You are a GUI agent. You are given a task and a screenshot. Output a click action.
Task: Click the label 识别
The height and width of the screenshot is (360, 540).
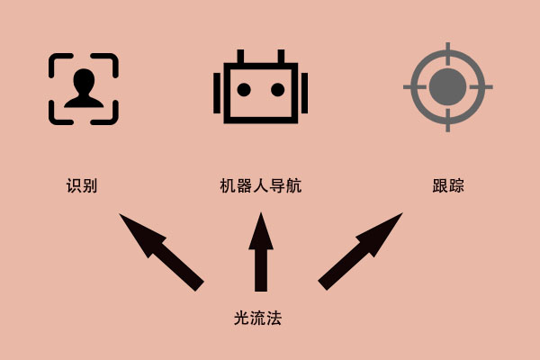[82, 185]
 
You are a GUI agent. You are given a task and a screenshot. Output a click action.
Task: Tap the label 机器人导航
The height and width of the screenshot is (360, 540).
[261, 185]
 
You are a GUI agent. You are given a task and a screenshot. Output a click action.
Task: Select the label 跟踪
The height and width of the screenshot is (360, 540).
[448, 185]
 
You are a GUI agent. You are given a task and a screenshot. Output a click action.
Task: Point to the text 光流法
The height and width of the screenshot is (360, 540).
[257, 318]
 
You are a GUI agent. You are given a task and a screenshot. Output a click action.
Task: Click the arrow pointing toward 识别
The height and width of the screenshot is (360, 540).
[161, 252]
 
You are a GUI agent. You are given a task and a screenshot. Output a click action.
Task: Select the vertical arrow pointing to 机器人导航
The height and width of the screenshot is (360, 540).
[261, 252]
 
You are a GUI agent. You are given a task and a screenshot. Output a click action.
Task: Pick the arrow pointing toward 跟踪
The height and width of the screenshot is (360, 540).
[360, 251]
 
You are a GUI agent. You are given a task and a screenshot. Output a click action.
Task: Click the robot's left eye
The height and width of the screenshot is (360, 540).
[244, 90]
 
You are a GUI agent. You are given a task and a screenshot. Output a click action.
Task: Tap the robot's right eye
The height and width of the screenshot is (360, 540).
[277, 90]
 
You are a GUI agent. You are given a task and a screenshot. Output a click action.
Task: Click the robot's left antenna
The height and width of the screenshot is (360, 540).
[240, 57]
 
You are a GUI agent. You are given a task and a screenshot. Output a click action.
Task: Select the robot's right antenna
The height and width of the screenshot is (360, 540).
[281, 57]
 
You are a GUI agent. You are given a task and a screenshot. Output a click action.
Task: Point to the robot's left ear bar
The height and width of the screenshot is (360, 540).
[217, 93]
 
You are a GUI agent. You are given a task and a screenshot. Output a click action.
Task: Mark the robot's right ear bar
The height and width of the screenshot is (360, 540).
[304, 93]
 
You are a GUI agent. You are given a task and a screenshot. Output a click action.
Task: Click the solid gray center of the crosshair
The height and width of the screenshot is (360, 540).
[447, 86]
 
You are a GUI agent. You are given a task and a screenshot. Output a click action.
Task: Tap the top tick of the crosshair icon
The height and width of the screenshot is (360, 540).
[447, 53]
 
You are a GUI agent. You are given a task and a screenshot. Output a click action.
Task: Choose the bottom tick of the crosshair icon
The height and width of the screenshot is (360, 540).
[447, 121]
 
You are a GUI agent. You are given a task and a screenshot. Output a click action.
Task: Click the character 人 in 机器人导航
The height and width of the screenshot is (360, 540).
[261, 185]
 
